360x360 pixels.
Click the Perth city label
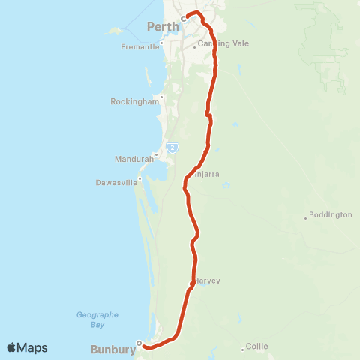163,26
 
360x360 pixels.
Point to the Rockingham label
134,101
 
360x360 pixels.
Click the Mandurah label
133,159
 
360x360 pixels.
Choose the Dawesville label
116,182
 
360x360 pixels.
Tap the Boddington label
330,214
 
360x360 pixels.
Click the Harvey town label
208,280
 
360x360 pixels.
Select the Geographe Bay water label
97,319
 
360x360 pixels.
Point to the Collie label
257,347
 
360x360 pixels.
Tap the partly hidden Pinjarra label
207,175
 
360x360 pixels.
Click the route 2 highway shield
172,148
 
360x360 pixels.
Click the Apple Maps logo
27,347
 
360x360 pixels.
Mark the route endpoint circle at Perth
182,19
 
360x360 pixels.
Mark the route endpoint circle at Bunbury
139,343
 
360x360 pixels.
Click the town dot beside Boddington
305,218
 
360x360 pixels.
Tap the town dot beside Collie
242,348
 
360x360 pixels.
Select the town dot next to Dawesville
140,178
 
